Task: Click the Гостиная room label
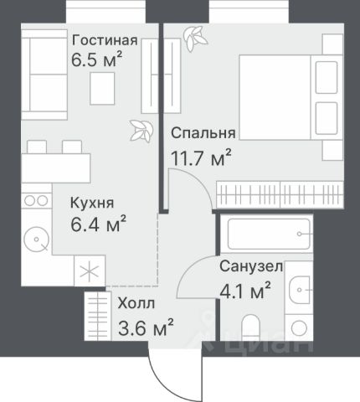coord(105,40)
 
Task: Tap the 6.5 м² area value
coord(96,59)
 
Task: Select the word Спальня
coord(203,133)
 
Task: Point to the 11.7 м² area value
coord(201,157)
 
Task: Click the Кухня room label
coord(92,203)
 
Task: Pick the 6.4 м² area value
coord(98,224)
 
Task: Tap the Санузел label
coord(251,266)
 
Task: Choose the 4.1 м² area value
coord(245,291)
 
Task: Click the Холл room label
coord(136,303)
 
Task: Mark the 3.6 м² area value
coord(146,327)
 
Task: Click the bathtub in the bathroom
coord(269,234)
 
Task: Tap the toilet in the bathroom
coord(250,327)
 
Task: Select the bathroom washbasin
coord(299,290)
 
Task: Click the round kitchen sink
coord(36,240)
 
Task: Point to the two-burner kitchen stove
coord(37,200)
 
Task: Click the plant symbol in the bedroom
coord(195,39)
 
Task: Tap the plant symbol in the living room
coord(141,131)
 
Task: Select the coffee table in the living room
coord(102,88)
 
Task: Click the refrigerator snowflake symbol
coord(90,271)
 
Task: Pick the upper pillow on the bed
coord(327,77)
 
